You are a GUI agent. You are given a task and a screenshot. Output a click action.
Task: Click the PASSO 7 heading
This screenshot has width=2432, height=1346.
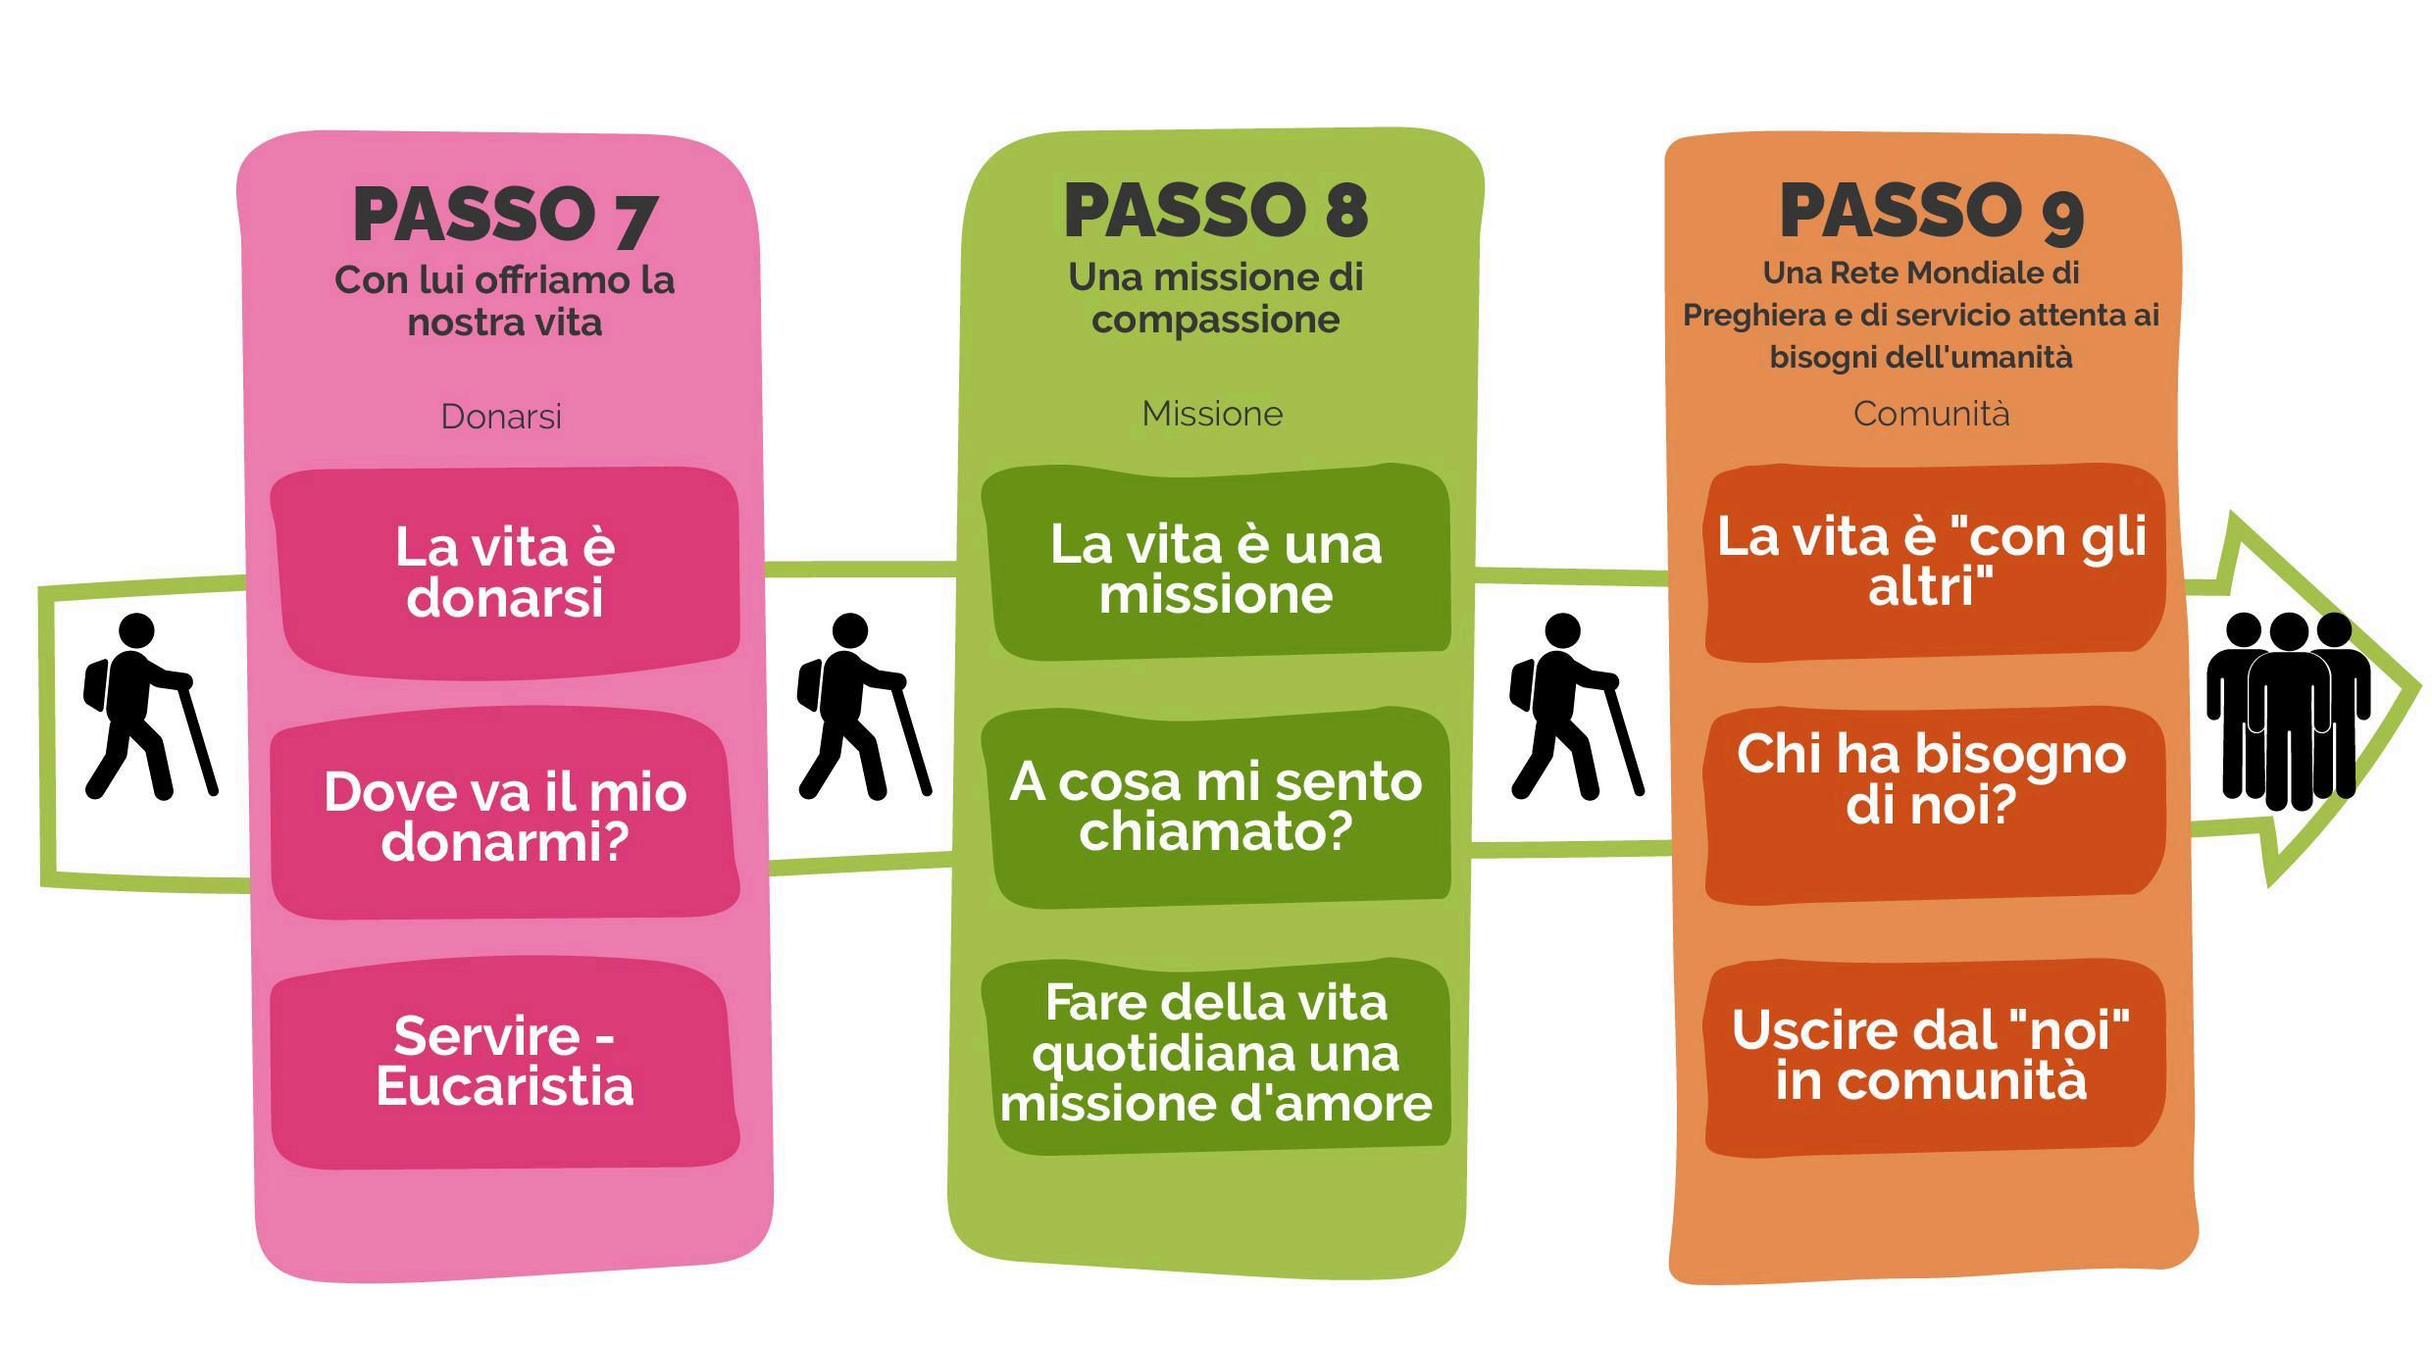(504, 215)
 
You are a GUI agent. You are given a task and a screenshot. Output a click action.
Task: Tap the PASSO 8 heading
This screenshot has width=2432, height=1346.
(1215, 211)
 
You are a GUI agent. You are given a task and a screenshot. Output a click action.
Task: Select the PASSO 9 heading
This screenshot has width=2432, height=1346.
(1931, 211)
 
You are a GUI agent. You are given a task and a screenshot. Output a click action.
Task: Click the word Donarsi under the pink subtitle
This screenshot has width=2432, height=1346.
(501, 417)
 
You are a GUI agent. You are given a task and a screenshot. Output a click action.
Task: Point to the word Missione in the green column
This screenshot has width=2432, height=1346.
(1212, 414)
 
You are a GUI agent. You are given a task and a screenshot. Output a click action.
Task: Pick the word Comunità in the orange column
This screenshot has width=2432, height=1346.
(1931, 414)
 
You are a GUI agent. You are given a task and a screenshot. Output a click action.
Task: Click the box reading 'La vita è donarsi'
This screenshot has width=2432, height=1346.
(504, 573)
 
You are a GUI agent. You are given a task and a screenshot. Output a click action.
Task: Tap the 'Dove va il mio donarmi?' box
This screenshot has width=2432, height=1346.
(504, 816)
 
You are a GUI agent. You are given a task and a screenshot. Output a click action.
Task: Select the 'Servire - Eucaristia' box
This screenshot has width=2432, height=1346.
(504, 1062)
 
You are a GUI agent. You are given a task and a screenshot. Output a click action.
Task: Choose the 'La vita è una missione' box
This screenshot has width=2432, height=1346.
(1215, 569)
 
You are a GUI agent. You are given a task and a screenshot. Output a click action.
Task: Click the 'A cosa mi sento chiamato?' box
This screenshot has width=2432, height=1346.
(1215, 807)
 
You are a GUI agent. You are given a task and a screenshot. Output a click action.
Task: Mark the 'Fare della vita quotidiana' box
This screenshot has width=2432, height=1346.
(1215, 1053)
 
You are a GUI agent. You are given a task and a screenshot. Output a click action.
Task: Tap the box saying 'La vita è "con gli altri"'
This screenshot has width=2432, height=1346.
(1932, 562)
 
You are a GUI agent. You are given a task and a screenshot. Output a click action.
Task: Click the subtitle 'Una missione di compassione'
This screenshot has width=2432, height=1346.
(1215, 298)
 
